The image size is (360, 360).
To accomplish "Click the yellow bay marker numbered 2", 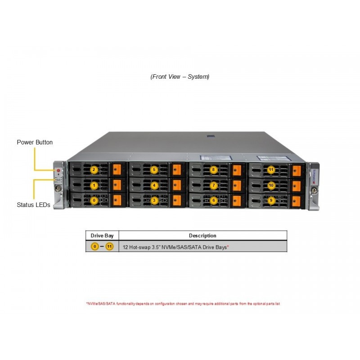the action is click(94, 170).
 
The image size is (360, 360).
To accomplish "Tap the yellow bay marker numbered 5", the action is click(154, 170).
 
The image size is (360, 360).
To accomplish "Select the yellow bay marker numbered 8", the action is click(213, 170).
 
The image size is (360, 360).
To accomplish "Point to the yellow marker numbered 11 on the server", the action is click(271, 170).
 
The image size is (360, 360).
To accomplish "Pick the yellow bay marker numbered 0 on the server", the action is click(94, 200).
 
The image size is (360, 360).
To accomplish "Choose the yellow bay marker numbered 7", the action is click(214, 185).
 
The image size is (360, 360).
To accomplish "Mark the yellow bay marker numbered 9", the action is click(271, 200).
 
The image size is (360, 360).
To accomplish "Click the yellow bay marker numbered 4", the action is click(154, 185).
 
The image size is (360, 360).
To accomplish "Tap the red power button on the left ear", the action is click(58, 171).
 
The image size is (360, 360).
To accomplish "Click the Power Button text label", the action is click(35, 142).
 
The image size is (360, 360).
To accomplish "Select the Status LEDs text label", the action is click(33, 205).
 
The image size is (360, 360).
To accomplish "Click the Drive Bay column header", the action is click(102, 235).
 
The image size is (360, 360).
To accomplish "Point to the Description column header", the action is click(202, 235).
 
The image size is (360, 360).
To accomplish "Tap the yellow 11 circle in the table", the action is click(109, 247).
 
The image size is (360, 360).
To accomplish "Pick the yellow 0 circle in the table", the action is click(95, 247).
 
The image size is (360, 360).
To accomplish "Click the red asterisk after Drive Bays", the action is click(228, 246).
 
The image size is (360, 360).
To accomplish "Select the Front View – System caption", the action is click(180, 76).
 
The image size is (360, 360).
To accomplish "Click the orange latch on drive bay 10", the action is click(297, 186).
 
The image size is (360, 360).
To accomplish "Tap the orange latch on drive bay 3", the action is click(177, 200).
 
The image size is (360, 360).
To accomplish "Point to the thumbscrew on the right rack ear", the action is click(314, 190).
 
